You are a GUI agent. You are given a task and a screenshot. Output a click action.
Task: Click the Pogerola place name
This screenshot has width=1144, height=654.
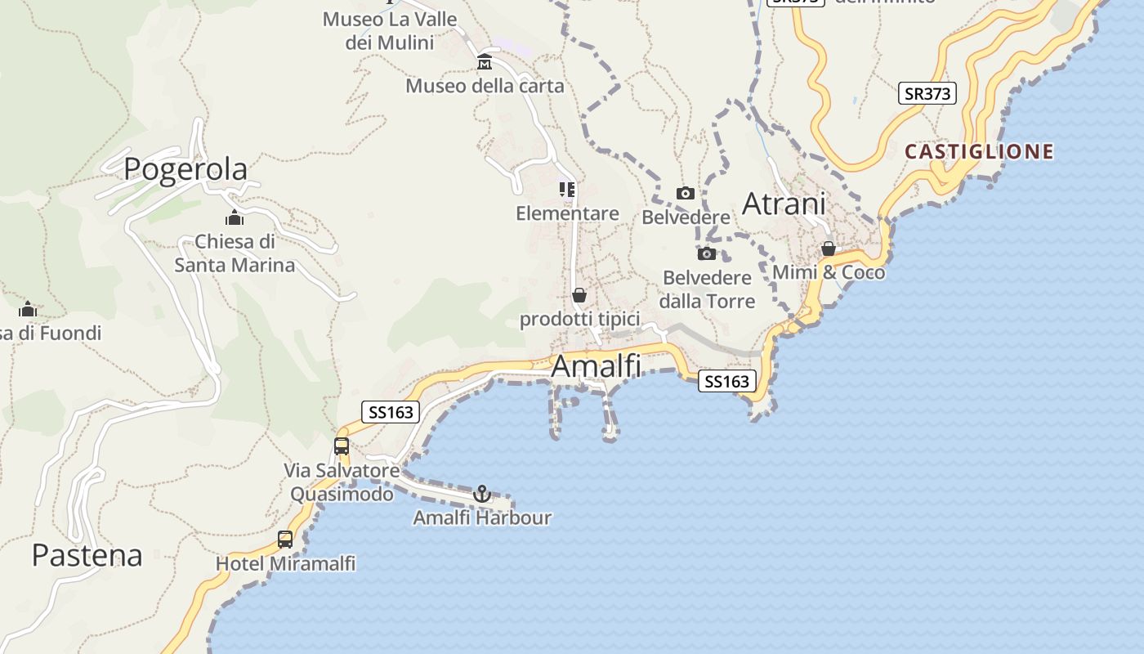pyautogui.click(x=185, y=169)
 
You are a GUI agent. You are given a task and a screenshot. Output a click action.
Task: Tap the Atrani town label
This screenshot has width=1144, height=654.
pyautogui.click(x=784, y=204)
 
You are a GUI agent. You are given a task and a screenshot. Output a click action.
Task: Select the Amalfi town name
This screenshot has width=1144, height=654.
pyautogui.click(x=596, y=366)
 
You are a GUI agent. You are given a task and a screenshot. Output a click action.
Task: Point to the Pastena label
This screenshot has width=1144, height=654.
pyautogui.click(x=87, y=555)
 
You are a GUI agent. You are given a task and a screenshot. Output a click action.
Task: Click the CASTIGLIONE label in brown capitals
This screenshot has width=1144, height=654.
pyautogui.click(x=979, y=151)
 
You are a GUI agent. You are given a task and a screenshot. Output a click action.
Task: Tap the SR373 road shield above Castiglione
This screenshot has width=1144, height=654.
pyautogui.click(x=927, y=93)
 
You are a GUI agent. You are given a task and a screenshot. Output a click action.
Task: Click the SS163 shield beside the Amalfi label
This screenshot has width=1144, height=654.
pyautogui.click(x=726, y=381)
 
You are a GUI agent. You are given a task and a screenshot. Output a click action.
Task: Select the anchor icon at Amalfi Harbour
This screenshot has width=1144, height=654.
pyautogui.click(x=482, y=494)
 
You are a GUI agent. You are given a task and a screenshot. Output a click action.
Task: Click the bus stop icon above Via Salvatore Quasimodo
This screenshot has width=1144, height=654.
pyautogui.click(x=342, y=446)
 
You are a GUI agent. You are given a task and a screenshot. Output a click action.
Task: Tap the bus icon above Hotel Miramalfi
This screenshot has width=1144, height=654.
pyautogui.click(x=285, y=540)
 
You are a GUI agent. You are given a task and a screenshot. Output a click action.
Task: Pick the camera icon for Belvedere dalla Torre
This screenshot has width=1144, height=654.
pyautogui.click(x=707, y=253)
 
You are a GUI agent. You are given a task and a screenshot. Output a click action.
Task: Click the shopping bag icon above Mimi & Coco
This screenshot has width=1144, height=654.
pyautogui.click(x=829, y=249)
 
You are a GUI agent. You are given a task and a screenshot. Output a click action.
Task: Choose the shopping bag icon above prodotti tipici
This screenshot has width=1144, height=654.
pyautogui.click(x=579, y=295)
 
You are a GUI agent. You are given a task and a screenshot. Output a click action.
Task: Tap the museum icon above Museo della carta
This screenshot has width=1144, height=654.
pyautogui.click(x=485, y=62)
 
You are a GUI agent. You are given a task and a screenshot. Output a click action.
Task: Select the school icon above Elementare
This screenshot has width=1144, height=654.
pyautogui.click(x=567, y=190)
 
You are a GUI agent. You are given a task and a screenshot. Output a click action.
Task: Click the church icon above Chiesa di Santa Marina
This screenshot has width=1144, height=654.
pyautogui.click(x=235, y=218)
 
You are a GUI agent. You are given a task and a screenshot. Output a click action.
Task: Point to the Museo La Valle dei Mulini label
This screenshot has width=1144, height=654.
pyautogui.click(x=389, y=30)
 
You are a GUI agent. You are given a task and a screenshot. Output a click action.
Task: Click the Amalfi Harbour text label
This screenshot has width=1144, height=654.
pyautogui.click(x=482, y=517)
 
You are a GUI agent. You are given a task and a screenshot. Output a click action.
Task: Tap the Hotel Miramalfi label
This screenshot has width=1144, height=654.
pyautogui.click(x=285, y=563)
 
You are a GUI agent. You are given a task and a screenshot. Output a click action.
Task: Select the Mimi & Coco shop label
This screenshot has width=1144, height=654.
pyautogui.click(x=829, y=272)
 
